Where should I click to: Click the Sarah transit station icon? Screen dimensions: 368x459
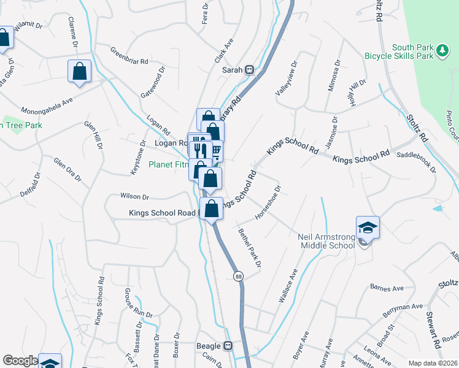[x=250, y=70]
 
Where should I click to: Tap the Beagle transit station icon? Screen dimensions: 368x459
[x=228, y=346]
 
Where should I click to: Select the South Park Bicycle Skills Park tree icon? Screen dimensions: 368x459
[x=441, y=52]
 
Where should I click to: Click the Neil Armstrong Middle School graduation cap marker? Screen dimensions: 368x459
[x=368, y=228]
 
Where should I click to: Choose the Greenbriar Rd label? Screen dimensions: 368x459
[x=129, y=56]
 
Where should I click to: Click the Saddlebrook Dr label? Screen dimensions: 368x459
[x=417, y=162]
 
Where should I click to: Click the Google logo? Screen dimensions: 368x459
[x=20, y=361]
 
